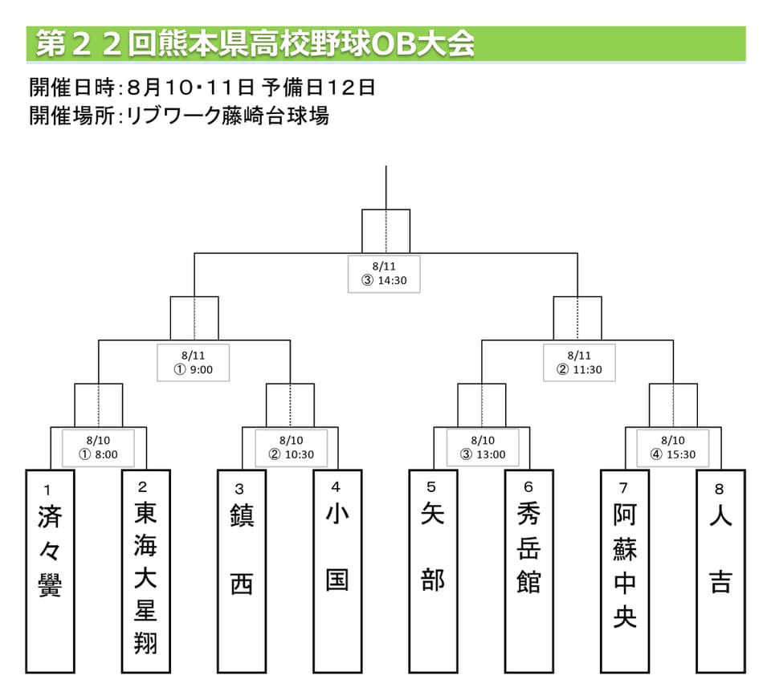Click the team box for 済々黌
click(50, 570)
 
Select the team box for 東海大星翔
click(145, 570)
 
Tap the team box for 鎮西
click(241, 570)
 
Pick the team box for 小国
click(337, 570)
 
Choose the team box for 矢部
click(433, 570)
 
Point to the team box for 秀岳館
click(528, 570)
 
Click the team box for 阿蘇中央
click(624, 570)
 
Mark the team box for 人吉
click(720, 570)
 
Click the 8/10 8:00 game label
click(99, 447)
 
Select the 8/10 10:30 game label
click(291, 447)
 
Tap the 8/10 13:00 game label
click(482, 447)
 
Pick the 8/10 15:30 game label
click(673, 447)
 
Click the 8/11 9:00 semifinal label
click(194, 363)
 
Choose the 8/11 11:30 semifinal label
click(578, 363)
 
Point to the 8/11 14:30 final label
click(385, 275)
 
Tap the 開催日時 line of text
click(202, 87)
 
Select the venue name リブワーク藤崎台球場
click(233, 116)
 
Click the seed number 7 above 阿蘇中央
click(623, 486)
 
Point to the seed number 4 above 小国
click(336, 486)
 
